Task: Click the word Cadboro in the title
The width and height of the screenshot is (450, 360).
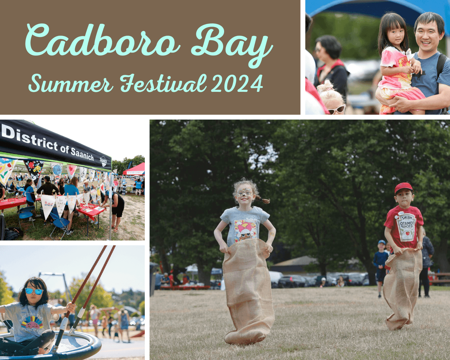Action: point(102,41)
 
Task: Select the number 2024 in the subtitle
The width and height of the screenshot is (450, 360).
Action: point(237,83)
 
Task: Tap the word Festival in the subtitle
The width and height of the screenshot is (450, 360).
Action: point(163,83)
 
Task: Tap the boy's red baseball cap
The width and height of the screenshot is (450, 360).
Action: point(403,188)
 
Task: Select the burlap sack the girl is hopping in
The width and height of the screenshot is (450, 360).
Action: point(247,291)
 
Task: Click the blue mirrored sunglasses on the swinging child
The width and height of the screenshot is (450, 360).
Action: point(34,291)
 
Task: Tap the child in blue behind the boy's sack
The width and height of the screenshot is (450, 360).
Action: point(380,264)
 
